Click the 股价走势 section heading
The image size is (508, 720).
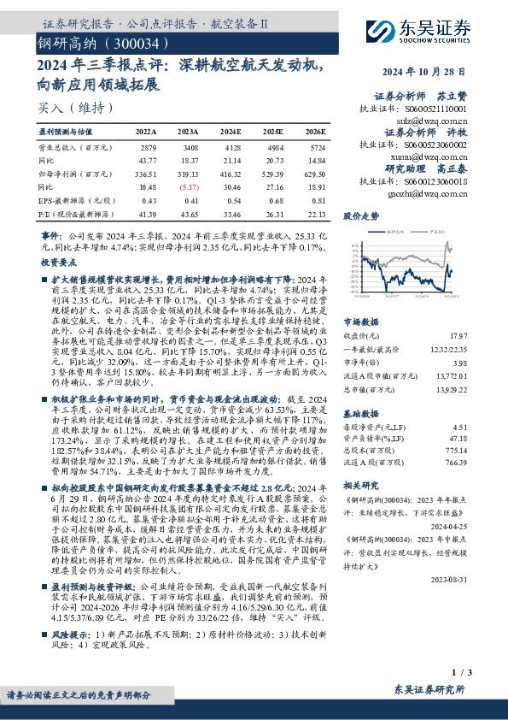pyautogui.click(x=361, y=217)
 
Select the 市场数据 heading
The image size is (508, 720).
pyautogui.click(x=361, y=322)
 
